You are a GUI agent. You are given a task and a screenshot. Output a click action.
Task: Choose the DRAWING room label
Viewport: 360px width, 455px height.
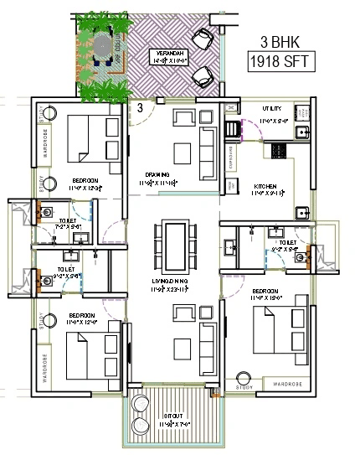tap(157, 175)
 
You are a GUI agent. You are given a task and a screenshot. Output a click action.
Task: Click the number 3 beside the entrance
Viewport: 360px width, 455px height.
tap(140, 106)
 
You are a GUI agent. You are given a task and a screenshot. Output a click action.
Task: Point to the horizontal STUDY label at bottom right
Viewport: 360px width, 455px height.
tap(244, 387)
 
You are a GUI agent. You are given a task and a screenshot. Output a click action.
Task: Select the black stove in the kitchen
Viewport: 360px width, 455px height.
tap(276, 150)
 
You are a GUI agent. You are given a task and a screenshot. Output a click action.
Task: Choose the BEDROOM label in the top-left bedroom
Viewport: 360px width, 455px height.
tap(84, 180)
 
